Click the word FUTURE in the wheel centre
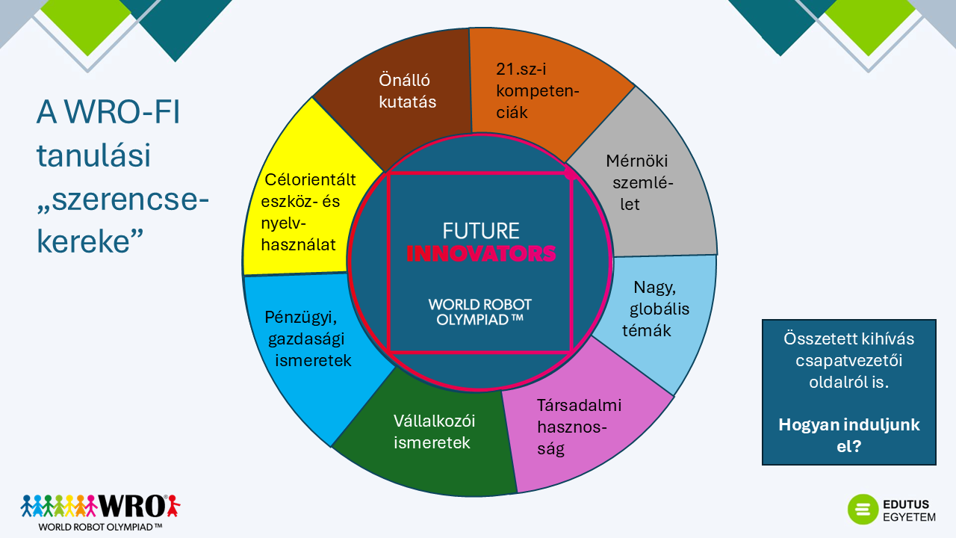tap(480, 231)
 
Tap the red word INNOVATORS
tap(481, 253)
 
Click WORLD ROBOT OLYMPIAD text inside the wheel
tap(480, 311)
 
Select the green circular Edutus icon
tap(863, 510)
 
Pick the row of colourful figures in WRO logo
tap(60, 506)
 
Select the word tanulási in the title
tap(93, 157)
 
